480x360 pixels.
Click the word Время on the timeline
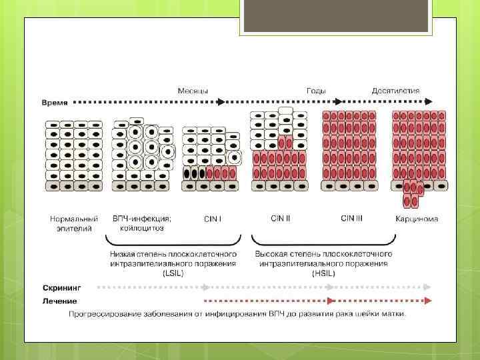[53, 103]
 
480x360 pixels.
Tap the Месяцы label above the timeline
[192, 91]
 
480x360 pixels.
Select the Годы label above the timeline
[316, 91]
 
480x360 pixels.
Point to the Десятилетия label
[396, 91]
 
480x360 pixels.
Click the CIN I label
[213, 219]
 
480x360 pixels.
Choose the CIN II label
[280, 218]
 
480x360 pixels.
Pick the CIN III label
[351, 218]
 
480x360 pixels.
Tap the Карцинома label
[417, 219]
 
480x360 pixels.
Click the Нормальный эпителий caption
[74, 223]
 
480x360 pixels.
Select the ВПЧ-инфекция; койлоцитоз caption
[142, 223]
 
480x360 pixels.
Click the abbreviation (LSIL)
[173, 273]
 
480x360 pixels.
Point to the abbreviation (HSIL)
[323, 273]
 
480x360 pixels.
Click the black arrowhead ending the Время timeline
[429, 102]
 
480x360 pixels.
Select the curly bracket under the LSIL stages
[173, 240]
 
